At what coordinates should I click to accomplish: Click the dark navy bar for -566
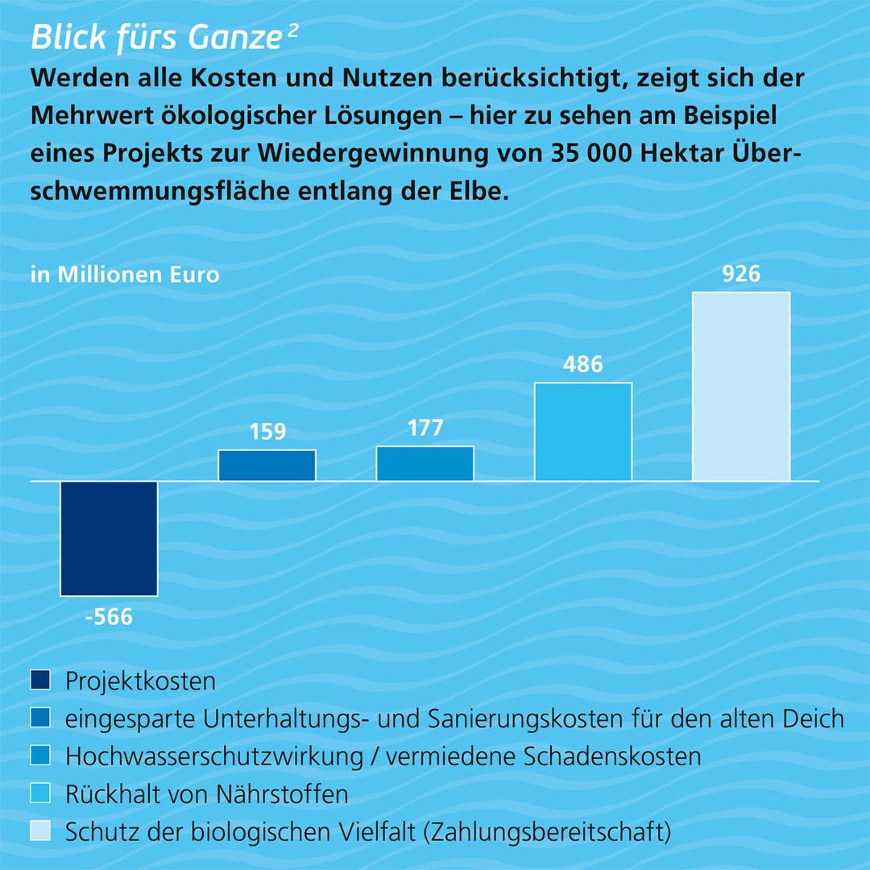109,538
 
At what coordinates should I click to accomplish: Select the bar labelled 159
267,465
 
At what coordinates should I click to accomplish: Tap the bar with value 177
425,463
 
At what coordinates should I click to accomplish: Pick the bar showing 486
583,431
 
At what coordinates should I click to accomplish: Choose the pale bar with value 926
741,386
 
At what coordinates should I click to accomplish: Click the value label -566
109,618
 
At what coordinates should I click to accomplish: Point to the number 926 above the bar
741,274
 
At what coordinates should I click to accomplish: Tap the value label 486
583,365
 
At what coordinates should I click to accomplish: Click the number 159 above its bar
267,433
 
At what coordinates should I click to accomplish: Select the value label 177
425,428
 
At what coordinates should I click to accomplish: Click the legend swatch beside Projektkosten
40,681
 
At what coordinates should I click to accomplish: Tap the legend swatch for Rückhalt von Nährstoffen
40,793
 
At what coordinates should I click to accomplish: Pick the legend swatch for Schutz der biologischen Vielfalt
40,831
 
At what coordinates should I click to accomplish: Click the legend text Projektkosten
141,681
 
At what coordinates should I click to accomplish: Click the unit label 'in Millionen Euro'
125,275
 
